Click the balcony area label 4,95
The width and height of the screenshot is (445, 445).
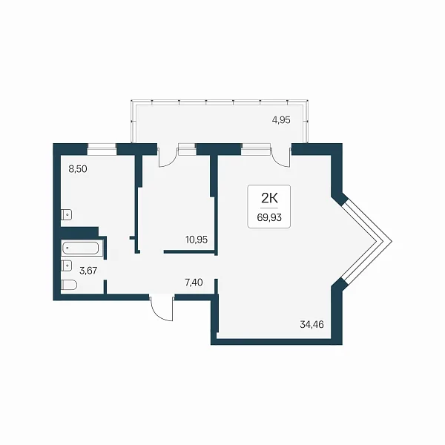(281, 120)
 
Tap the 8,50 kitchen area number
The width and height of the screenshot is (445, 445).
(78, 169)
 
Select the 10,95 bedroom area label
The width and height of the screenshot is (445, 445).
(197, 240)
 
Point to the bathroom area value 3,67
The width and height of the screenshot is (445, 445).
(88, 271)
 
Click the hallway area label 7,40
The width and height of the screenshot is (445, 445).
(194, 283)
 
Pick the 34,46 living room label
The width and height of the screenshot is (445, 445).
(311, 324)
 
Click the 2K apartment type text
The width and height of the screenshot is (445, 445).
(269, 198)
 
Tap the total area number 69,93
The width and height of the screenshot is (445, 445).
(269, 217)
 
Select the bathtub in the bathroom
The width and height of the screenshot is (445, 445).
(80, 248)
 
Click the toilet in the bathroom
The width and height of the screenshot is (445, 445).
(69, 285)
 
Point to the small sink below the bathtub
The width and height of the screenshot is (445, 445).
(67, 266)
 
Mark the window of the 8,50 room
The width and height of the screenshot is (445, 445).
(102, 149)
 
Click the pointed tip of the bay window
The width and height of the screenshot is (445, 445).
(392, 242)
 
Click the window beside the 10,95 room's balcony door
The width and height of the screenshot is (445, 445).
(187, 149)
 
